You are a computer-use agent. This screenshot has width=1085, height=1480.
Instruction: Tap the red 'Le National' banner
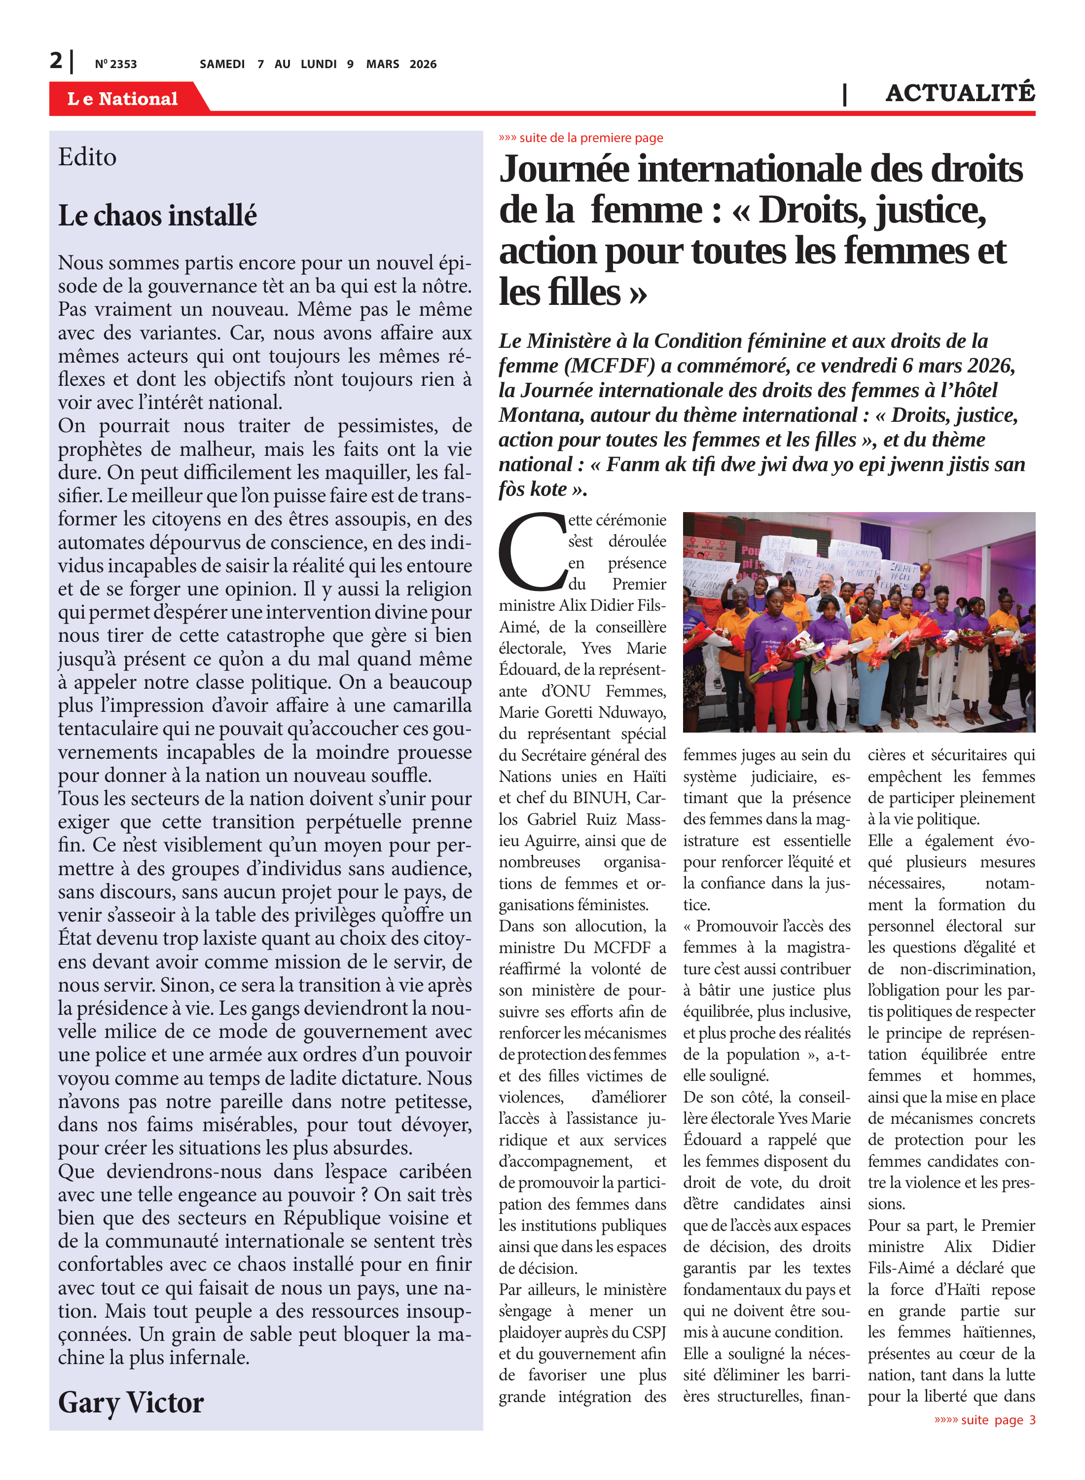click(123, 99)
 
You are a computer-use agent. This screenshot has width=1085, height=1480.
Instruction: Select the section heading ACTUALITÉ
click(960, 93)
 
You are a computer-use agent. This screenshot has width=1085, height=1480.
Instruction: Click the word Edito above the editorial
click(87, 157)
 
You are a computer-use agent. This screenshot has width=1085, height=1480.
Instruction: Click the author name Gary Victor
click(131, 1402)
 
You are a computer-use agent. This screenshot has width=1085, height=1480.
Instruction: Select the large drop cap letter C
click(531, 553)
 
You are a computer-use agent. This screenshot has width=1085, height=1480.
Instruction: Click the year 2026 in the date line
click(423, 64)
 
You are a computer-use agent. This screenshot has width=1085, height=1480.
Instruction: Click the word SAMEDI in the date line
click(222, 64)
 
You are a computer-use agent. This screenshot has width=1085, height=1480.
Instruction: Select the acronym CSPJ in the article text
click(648, 1332)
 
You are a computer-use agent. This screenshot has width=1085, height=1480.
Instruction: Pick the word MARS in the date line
click(383, 64)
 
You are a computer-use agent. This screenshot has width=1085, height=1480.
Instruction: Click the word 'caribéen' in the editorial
click(435, 1171)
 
